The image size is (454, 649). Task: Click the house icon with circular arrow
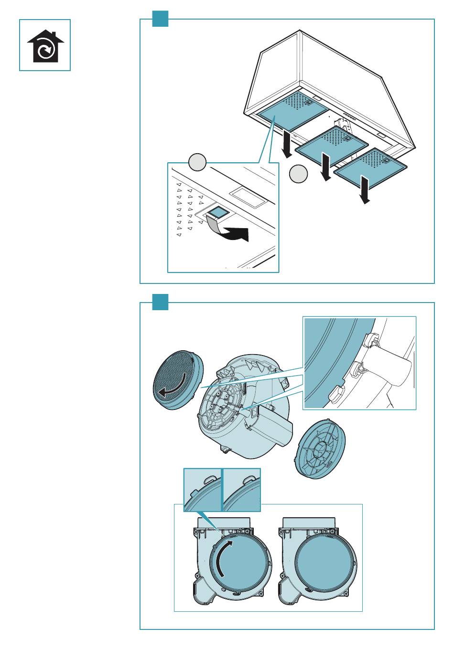[x=45, y=46]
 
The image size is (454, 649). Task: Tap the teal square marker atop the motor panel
[x=160, y=302]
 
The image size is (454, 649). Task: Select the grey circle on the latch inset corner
[x=196, y=163]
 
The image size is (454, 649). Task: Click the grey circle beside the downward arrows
[x=298, y=174]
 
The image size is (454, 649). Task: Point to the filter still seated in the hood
[x=286, y=112]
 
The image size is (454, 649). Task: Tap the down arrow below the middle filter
[x=326, y=168]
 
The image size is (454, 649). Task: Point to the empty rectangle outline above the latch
[x=247, y=198]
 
